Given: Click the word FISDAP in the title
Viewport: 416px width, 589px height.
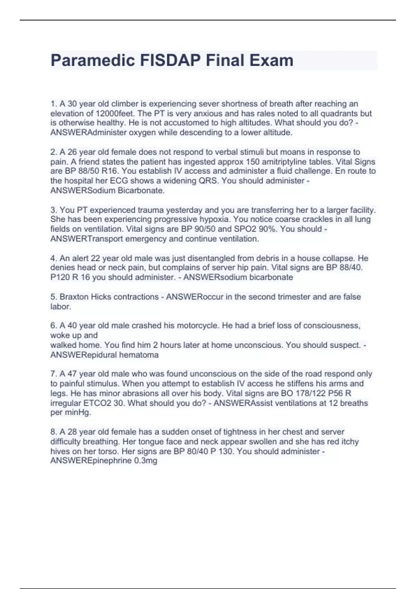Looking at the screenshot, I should (170, 60).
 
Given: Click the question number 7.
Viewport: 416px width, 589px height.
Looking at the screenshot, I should (53, 374).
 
